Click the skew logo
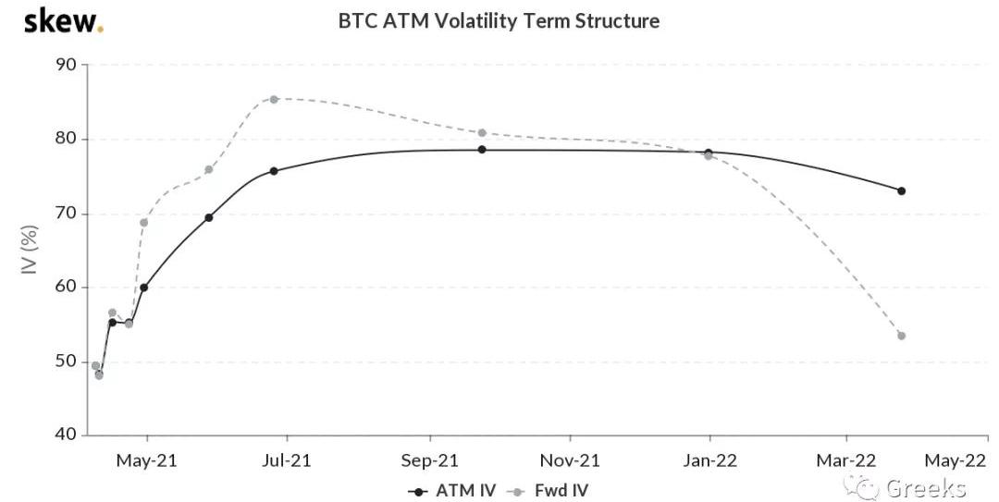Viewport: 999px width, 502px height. coord(63,20)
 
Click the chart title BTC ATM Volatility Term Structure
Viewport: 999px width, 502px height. coord(499,20)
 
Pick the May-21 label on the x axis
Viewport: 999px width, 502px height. coord(146,459)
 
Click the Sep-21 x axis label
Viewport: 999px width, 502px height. coord(429,459)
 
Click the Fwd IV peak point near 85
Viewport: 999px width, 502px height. coord(274,99)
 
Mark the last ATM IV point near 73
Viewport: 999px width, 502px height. coord(901,191)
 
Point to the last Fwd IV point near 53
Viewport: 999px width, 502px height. coord(901,336)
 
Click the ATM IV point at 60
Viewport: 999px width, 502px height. coord(143,288)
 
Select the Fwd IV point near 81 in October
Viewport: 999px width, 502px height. coord(482,133)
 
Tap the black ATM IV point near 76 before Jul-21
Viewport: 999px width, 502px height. coord(274,171)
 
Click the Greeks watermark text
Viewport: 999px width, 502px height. coord(925,488)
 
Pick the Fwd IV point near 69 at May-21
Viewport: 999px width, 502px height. coord(143,223)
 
